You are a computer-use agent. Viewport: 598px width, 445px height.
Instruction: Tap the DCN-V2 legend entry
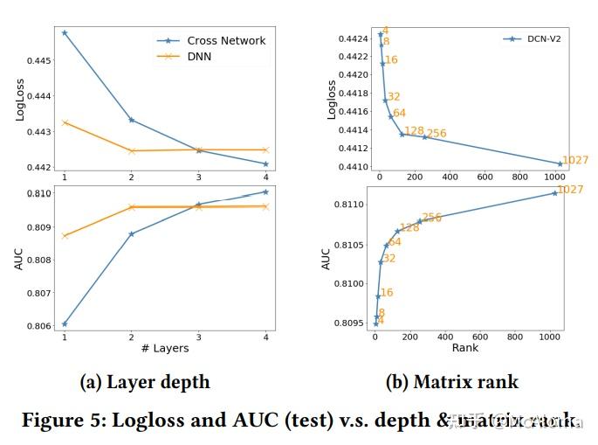pos(546,38)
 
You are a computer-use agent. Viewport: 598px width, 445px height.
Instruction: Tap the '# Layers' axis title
pos(164,348)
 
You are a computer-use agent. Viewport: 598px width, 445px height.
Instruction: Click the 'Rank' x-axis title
pos(464,348)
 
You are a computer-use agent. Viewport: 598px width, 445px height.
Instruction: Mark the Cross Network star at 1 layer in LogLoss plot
pos(65,32)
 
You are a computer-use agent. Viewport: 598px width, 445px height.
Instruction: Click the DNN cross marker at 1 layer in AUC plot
pos(65,236)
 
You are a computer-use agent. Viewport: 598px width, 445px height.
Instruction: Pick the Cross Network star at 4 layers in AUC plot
pos(265,191)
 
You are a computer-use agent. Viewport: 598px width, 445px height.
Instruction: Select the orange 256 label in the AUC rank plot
pos(431,218)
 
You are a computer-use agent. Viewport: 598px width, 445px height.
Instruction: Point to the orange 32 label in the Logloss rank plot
pos(394,97)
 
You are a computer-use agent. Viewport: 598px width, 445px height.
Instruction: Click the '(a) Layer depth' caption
pos(145,382)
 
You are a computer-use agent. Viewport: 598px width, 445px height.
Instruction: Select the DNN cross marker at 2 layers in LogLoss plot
pos(131,151)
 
